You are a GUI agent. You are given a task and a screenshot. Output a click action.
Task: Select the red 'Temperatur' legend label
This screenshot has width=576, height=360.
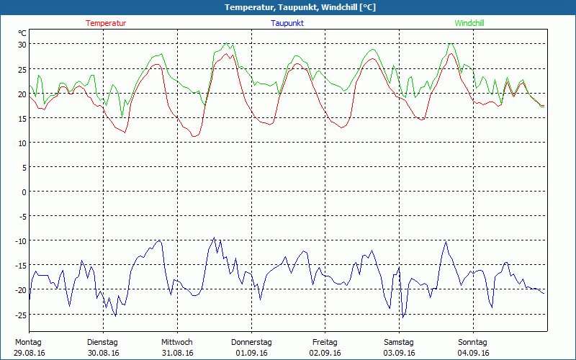(106, 23)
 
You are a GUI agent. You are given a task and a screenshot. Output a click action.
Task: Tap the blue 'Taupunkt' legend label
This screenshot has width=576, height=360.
(287, 23)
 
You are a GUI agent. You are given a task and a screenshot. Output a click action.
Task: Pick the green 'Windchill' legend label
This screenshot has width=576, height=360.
(469, 23)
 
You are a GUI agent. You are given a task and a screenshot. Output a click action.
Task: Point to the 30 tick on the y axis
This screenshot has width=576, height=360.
(22, 45)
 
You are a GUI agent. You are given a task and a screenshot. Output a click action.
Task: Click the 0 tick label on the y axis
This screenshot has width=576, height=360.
(24, 192)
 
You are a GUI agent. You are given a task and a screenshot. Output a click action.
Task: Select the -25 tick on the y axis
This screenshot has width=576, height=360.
(22, 315)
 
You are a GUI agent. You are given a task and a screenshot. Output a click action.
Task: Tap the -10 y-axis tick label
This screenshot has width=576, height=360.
(22, 241)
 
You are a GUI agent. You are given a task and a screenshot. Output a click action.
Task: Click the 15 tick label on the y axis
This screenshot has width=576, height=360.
(22, 118)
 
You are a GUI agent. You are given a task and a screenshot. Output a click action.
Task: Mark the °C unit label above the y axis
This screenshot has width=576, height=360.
(22, 33)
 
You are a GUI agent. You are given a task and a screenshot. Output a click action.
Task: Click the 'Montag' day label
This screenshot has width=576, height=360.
(28, 342)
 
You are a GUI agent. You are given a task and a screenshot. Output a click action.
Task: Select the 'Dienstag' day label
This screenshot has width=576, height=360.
(102, 342)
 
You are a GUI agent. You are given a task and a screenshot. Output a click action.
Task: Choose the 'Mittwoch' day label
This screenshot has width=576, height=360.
(177, 342)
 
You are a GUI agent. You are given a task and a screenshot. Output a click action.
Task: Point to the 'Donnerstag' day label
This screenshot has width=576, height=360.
(251, 342)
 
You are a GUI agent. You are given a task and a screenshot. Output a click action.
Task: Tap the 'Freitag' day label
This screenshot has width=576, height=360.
(325, 342)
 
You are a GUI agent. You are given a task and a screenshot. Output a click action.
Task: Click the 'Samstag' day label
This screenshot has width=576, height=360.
(399, 342)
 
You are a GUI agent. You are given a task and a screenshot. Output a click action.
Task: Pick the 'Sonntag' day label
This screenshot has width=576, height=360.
(472, 342)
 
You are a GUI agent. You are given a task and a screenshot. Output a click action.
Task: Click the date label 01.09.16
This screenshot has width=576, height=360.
(251, 353)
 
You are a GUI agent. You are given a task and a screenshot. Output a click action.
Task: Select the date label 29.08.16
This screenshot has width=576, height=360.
(30, 353)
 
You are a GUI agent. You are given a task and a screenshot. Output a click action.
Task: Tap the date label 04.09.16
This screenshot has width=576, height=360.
(473, 353)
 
